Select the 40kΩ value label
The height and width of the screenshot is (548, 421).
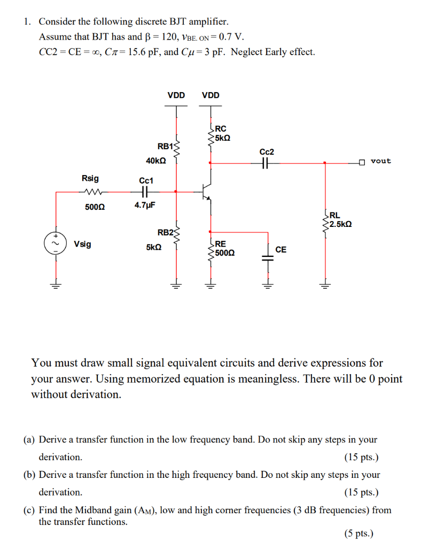pyautogui.click(x=155, y=160)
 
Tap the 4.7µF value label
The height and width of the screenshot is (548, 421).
pyautogui.click(x=145, y=205)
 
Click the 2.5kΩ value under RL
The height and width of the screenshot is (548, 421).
pyautogui.click(x=340, y=224)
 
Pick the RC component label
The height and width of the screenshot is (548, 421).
pyautogui.click(x=221, y=128)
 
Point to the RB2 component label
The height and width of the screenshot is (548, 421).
pyautogui.click(x=165, y=232)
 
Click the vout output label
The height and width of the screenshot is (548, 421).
pyautogui.click(x=380, y=161)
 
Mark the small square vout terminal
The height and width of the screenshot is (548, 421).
pyautogui.click(x=362, y=162)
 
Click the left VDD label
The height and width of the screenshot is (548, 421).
pyautogui.click(x=176, y=95)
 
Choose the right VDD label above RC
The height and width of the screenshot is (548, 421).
pyautogui.click(x=210, y=95)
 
